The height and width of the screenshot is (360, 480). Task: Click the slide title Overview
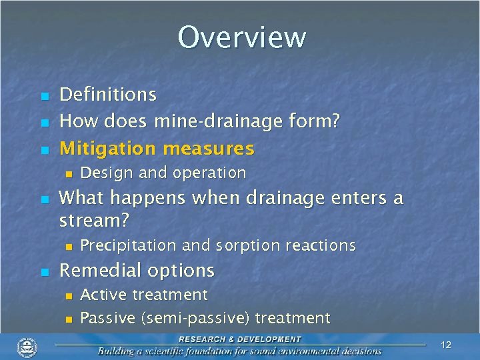241,37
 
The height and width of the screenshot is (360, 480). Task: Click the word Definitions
108,95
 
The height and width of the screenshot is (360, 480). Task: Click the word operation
209,173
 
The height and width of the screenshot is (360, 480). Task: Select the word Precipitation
129,245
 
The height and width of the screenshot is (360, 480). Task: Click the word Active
103,295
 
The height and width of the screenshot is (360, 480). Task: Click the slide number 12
446,345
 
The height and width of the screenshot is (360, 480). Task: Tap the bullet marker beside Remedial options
44,272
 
